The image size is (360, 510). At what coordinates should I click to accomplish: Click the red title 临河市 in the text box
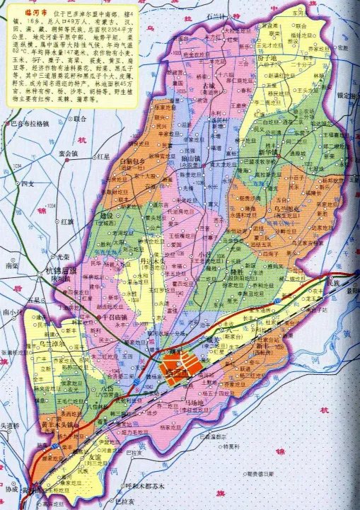[x=27, y=13]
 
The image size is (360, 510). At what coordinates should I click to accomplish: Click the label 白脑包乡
[x=132, y=163]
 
